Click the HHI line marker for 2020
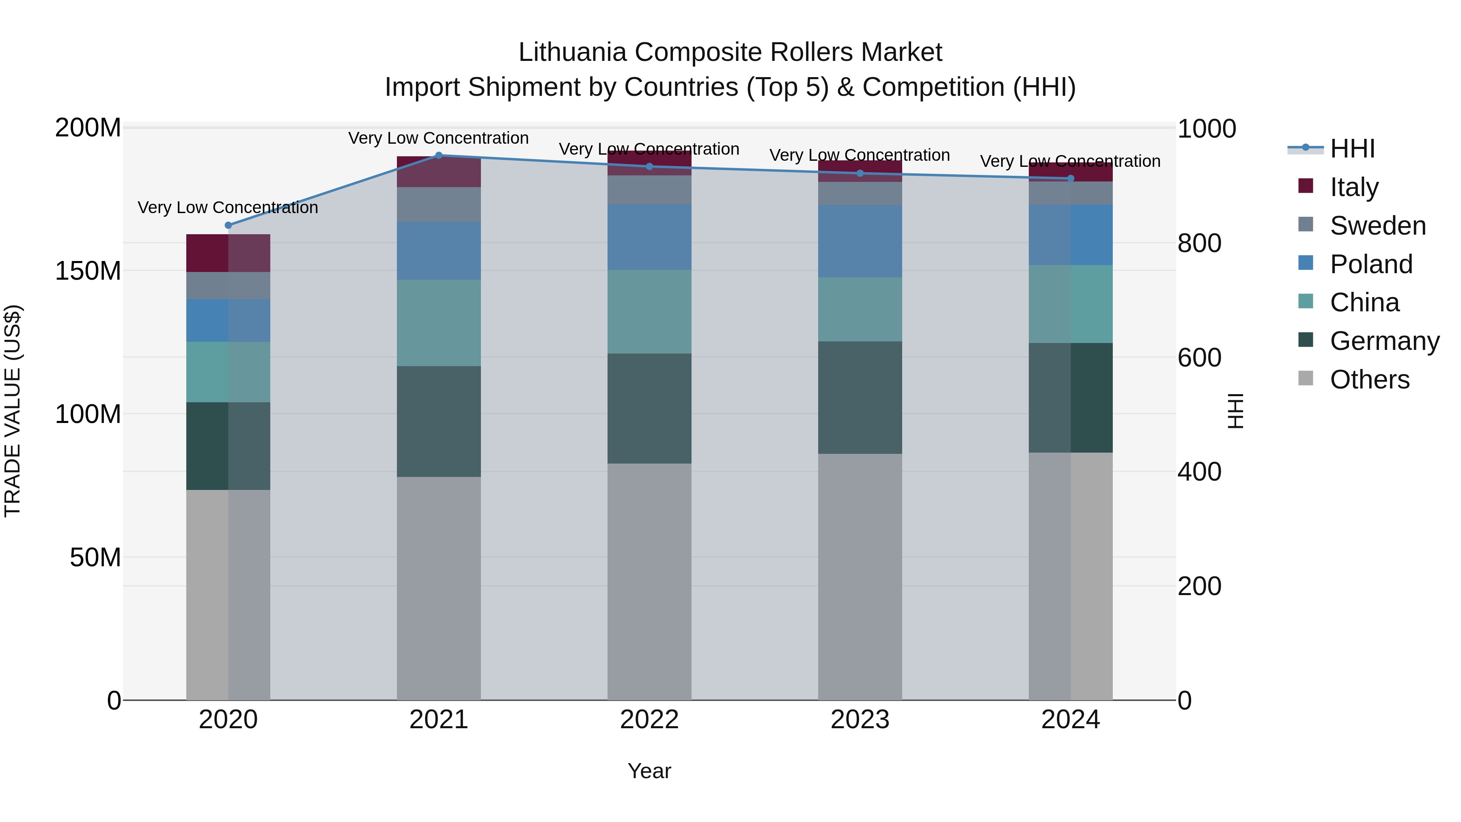(228, 225)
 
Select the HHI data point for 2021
(438, 155)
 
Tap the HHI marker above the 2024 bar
(1071, 179)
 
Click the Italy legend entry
(1354, 187)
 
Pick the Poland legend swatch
(1306, 263)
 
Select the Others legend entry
(1369, 380)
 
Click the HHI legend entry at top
(1352, 149)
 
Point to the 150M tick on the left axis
(88, 271)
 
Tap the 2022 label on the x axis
(649, 720)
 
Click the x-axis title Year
(649, 771)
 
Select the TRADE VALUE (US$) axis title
(13, 411)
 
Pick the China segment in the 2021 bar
(438, 323)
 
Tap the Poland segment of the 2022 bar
(649, 237)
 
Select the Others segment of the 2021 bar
(438, 588)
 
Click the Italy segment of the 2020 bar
(228, 253)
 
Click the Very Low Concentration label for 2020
(228, 207)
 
